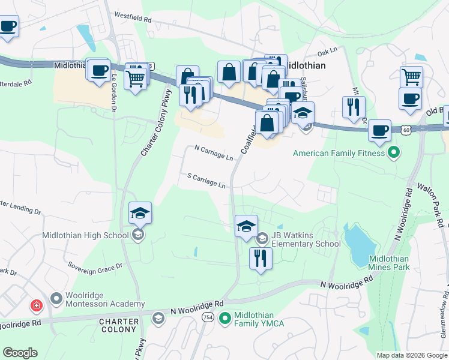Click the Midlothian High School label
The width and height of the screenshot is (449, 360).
(x=85, y=235)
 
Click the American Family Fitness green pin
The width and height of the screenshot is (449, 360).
(x=394, y=152)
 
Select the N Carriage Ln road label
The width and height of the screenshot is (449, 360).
(x=214, y=152)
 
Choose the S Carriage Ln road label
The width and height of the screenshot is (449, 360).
(x=206, y=181)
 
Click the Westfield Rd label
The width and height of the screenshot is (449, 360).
(x=133, y=19)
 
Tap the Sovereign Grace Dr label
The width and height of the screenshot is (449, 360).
(x=95, y=265)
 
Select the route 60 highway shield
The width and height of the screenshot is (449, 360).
(x=407, y=130)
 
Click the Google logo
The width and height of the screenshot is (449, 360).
(x=20, y=352)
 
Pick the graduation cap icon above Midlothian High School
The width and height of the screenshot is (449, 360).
(x=140, y=213)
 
